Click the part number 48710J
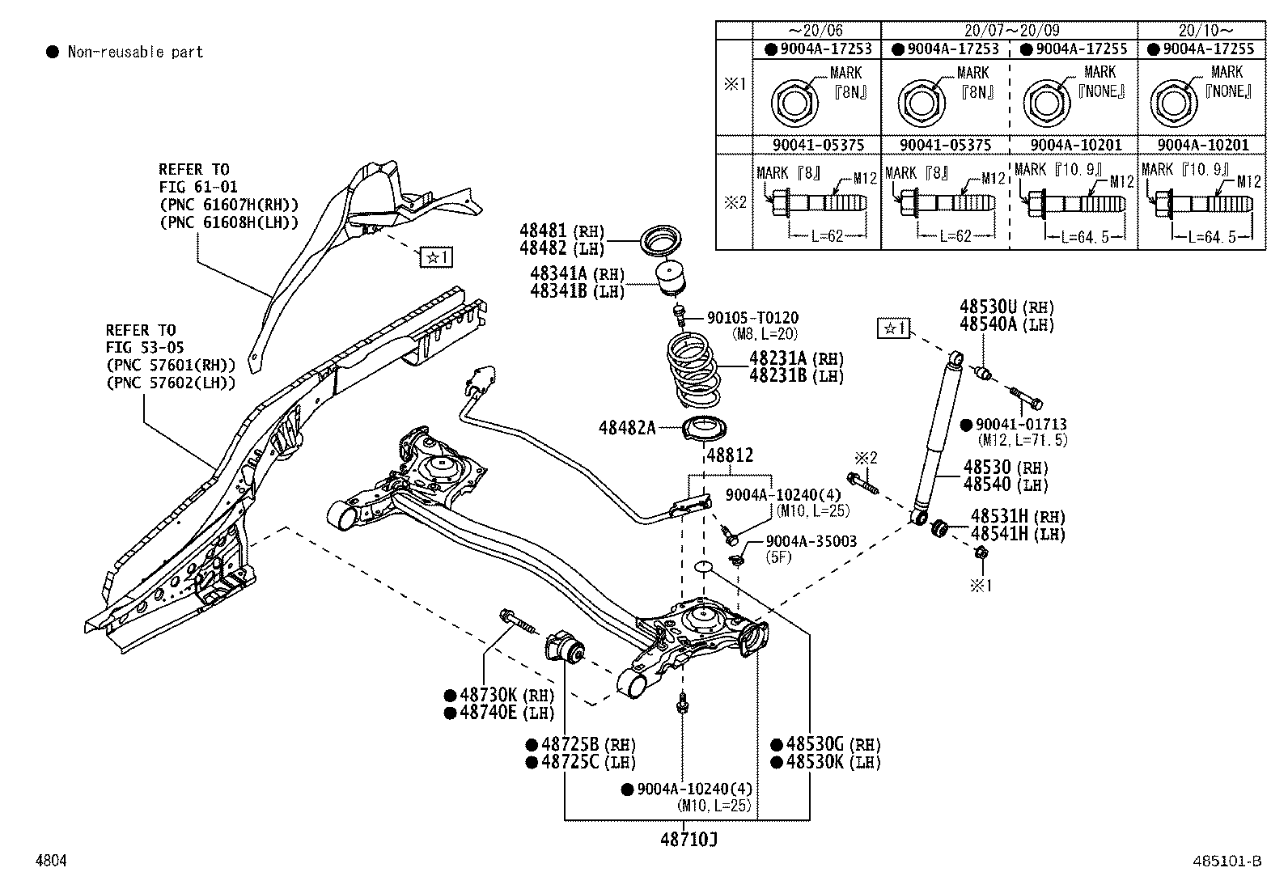click(688, 840)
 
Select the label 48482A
click(627, 428)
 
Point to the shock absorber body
click(938, 437)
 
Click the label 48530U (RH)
click(1007, 307)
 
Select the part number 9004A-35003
click(811, 541)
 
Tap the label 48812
click(730, 455)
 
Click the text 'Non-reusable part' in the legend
click(135, 53)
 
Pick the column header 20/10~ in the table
click(1201, 30)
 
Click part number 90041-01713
click(1021, 424)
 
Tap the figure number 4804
click(50, 861)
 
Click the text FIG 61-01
click(197, 187)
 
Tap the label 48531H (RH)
click(1018, 516)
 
